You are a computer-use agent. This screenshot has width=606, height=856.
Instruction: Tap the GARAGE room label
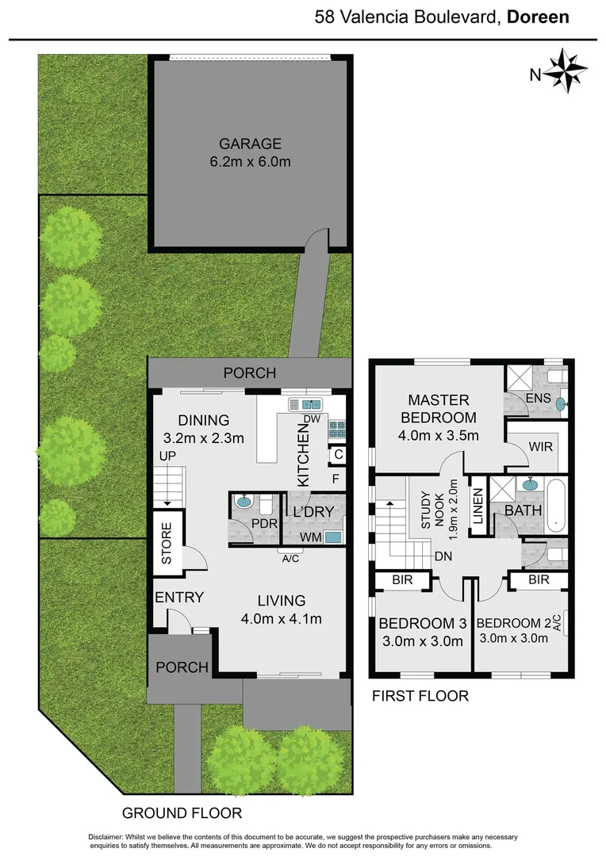[251, 143]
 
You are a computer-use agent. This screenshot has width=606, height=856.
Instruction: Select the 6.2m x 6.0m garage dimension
[251, 162]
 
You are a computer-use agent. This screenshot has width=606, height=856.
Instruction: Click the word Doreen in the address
[537, 17]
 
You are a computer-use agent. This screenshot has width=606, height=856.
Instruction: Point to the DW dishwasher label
[311, 419]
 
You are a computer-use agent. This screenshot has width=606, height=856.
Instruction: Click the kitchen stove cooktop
[337, 429]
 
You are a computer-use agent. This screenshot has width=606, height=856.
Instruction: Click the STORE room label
[167, 543]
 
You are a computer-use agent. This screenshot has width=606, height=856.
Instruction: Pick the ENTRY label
[179, 598]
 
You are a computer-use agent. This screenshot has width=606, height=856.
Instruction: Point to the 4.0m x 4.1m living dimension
[282, 619]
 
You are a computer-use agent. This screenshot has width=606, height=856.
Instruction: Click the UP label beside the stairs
[168, 457]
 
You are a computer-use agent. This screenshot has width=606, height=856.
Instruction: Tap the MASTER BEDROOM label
[439, 409]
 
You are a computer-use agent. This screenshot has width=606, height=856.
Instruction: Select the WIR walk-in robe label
[540, 446]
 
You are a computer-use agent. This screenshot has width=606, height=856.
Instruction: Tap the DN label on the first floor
[443, 556]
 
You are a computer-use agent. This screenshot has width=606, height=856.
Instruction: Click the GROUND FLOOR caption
[182, 813]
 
